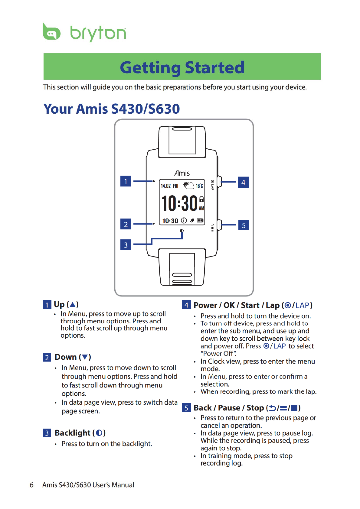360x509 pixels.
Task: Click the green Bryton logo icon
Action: [51, 32]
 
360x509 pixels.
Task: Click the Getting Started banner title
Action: [182, 67]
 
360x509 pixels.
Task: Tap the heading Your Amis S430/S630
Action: [112, 109]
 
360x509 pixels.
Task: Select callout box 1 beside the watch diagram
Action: [126, 181]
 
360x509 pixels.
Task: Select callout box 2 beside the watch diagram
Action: [126, 224]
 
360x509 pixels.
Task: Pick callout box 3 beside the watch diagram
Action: [126, 245]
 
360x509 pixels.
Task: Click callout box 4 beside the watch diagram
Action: [243, 182]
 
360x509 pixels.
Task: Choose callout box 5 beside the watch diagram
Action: [244, 225]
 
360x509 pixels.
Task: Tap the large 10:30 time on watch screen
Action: [179, 203]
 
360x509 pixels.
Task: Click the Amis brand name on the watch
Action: [182, 173]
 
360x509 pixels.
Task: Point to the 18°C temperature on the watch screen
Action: [199, 186]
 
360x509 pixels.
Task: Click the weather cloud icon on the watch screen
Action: [189, 185]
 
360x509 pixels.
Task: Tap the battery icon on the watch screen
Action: [200, 221]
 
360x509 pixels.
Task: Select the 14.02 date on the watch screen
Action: [166, 186]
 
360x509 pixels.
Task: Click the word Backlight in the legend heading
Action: [73, 433]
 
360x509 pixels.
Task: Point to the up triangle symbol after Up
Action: [73, 304]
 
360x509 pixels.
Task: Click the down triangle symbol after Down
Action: [85, 357]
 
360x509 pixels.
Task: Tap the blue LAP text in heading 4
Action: [302, 305]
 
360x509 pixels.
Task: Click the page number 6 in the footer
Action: [31, 485]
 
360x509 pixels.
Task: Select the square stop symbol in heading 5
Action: [294, 408]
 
